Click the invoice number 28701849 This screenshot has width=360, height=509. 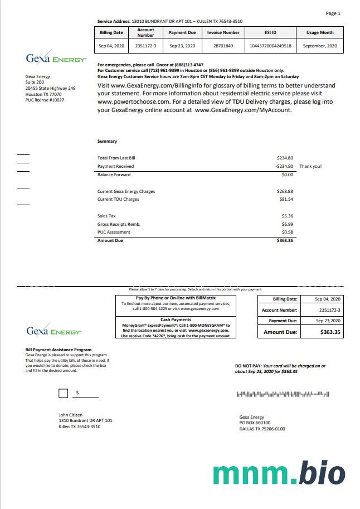coord(223,46)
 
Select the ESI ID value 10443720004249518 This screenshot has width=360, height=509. coord(270,46)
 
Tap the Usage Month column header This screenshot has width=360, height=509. coord(320,32)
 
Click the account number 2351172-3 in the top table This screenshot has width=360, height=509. coord(145,46)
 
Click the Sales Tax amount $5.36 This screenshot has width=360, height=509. coord(287,216)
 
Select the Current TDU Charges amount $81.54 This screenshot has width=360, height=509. coord(285,199)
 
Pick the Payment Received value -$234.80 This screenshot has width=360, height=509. coord(284,166)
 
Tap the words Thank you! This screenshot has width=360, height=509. coord(310,166)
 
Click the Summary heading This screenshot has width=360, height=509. coord(107,142)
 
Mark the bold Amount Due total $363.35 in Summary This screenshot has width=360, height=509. coord(285,240)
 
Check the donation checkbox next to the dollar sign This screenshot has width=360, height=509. coord(64,394)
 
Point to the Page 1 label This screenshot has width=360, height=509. coord(333,13)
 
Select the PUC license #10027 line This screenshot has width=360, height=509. coord(45,100)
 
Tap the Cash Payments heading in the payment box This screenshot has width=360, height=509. coord(175,319)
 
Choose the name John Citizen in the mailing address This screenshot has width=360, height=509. coord(71,414)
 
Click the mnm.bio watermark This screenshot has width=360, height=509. coord(279,472)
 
